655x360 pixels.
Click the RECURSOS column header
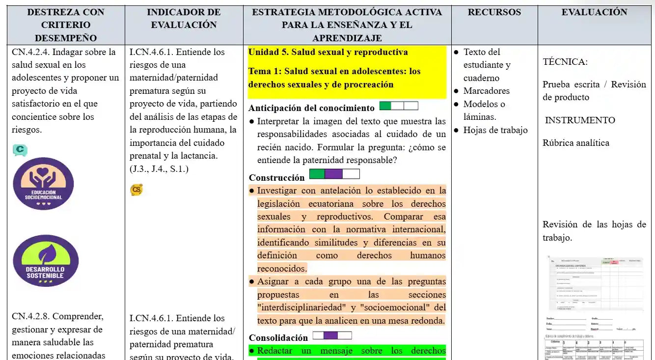(494, 12)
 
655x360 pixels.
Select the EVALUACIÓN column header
(594, 12)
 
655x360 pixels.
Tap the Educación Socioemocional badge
(44, 184)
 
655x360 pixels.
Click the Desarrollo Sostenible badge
(46, 261)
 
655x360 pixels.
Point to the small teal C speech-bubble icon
(20, 150)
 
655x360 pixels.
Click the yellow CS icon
(136, 190)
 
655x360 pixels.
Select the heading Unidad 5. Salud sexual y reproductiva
(328, 52)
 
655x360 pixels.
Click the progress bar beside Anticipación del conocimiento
(399, 106)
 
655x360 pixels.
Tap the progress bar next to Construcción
(334, 174)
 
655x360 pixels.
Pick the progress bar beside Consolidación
(332, 335)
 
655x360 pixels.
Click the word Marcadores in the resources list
(486, 91)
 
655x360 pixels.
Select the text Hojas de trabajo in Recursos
(495, 130)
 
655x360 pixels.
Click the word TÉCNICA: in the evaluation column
(565, 62)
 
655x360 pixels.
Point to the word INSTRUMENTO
(580, 120)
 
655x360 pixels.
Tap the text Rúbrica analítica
(575, 143)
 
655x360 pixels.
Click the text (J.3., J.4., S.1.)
(159, 169)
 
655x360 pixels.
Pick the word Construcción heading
(276, 178)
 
